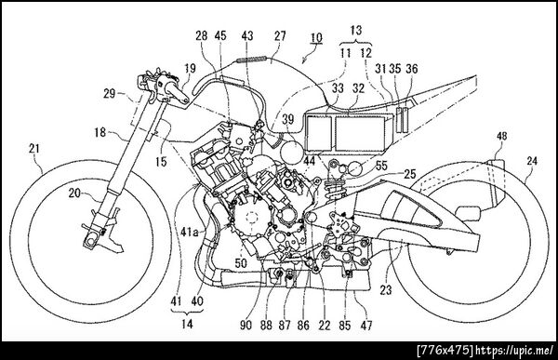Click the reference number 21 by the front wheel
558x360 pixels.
click(34, 149)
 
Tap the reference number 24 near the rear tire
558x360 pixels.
click(532, 161)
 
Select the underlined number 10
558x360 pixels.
click(316, 37)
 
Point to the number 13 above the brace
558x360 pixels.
click(356, 31)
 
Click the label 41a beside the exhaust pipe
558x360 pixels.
click(191, 232)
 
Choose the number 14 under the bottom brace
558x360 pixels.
click(187, 324)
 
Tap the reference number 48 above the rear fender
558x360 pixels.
click(502, 137)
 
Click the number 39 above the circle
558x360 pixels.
click(288, 120)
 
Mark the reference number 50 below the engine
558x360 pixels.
click(241, 263)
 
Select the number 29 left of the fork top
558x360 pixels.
click(110, 94)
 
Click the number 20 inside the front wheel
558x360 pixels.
click(74, 193)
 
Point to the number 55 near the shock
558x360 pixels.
click(381, 166)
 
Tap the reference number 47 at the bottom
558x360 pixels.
click(366, 325)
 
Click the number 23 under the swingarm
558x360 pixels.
click(386, 290)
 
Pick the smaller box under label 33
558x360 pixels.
click(319, 132)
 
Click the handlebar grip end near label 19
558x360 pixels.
click(184, 101)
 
